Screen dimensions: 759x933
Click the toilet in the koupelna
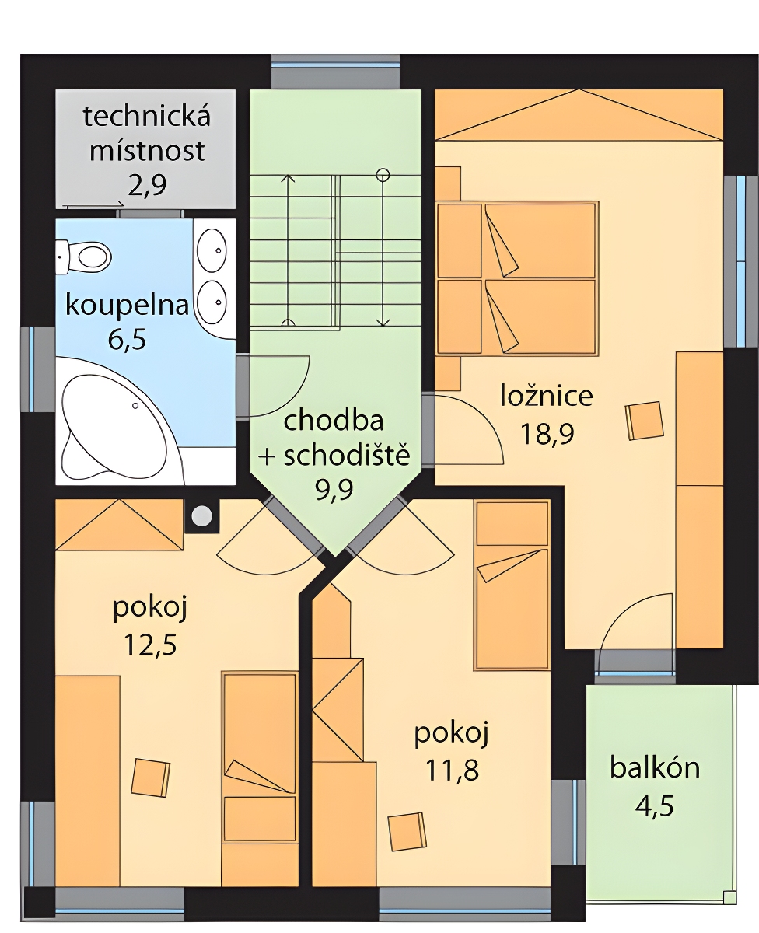pyautogui.click(x=83, y=255)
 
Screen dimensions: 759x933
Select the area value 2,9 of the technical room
pyautogui.click(x=147, y=186)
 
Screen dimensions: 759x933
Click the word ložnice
pyautogui.click(x=547, y=396)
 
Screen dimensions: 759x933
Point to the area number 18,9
pyautogui.click(x=547, y=434)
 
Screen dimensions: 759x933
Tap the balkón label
pyautogui.click(x=655, y=768)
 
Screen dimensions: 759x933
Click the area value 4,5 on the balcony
pyautogui.click(x=654, y=807)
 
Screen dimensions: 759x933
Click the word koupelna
pyautogui.click(x=127, y=306)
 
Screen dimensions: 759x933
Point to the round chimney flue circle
pyautogui.click(x=202, y=516)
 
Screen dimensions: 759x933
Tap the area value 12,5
pyautogui.click(x=150, y=645)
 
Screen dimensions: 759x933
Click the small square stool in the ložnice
pyautogui.click(x=644, y=421)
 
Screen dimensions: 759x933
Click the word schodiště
pyautogui.click(x=347, y=455)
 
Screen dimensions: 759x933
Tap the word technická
pyautogui.click(x=147, y=116)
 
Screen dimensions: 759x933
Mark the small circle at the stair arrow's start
pyautogui.click(x=383, y=175)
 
